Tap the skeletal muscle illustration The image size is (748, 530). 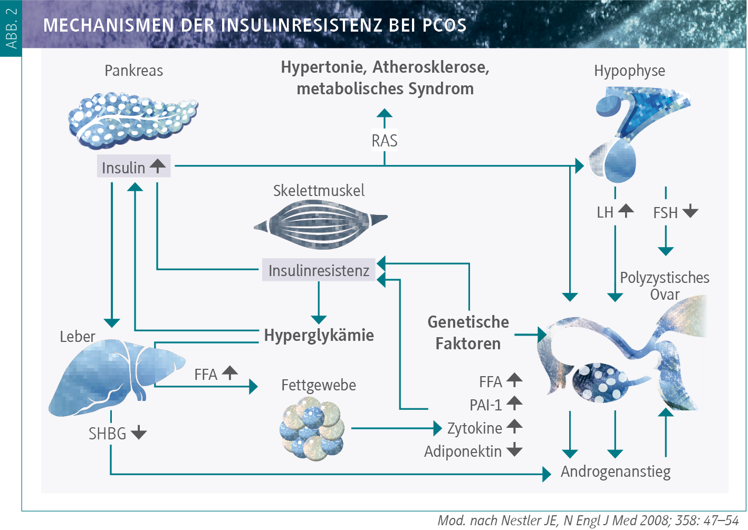(320, 224)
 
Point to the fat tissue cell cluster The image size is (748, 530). (312, 428)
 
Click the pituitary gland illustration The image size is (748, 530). (633, 132)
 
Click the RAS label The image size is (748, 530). (384, 141)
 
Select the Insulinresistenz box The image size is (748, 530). (319, 270)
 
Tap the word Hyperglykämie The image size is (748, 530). (319, 336)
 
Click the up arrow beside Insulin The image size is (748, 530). (157, 166)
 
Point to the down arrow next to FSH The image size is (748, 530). (690, 212)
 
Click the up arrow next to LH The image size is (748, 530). (626, 211)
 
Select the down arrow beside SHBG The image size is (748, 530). (139, 433)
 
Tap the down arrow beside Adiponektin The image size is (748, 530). (514, 450)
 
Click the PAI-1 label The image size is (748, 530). (485, 405)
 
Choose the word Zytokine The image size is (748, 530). (474, 428)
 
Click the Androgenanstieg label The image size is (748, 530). (615, 472)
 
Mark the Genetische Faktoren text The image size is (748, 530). (468, 332)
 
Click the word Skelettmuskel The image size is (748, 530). (319, 191)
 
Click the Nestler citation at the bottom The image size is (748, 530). (588, 521)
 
